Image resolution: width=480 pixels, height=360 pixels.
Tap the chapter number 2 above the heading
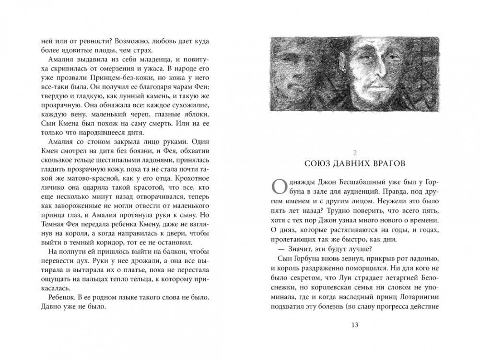click(355, 153)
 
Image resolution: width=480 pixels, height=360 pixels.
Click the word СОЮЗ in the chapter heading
click(318, 163)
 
